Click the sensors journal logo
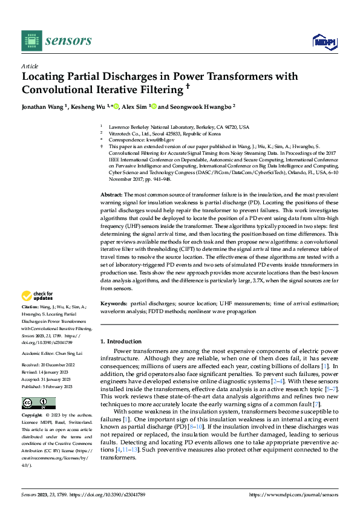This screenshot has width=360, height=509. pos(57,41)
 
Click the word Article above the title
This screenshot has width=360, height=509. pos(30,66)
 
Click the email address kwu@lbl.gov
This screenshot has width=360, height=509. pos(158,140)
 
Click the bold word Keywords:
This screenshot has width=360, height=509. pos(114,303)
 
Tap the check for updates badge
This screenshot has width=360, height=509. pos(37,296)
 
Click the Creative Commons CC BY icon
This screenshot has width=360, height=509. pos(38,403)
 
